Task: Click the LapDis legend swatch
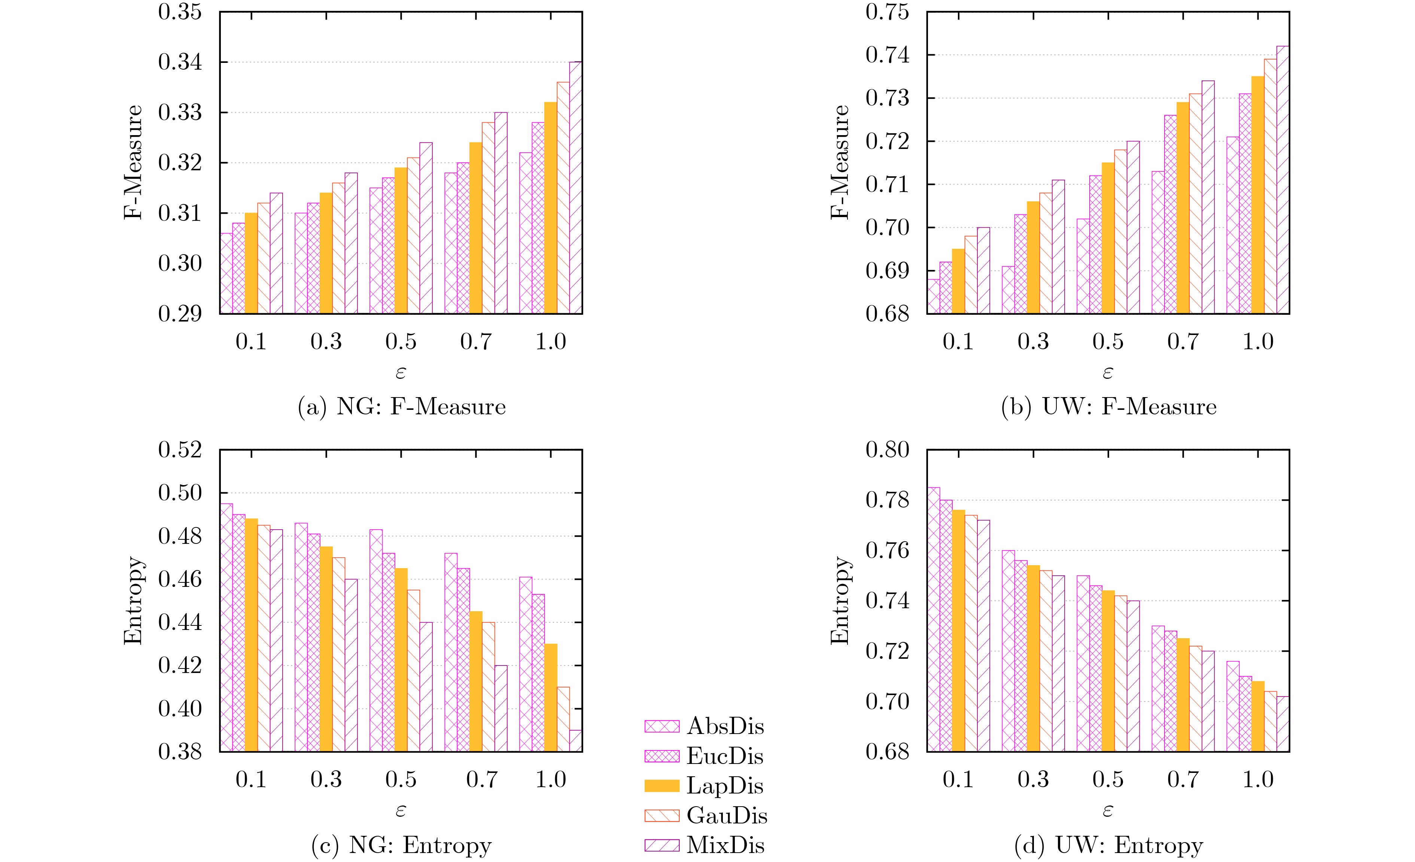(x=661, y=786)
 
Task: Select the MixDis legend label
(x=725, y=846)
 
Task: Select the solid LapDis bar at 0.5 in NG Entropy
(x=401, y=660)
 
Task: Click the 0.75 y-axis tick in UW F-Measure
(x=887, y=12)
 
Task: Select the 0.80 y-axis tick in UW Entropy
(x=887, y=450)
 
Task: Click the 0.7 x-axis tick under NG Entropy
(x=482, y=779)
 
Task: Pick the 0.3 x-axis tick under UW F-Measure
(x=1033, y=342)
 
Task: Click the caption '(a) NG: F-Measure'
(x=401, y=406)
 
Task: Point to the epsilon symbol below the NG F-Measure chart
(x=401, y=373)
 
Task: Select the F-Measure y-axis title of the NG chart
(x=133, y=162)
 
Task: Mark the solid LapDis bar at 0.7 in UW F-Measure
(x=1183, y=208)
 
